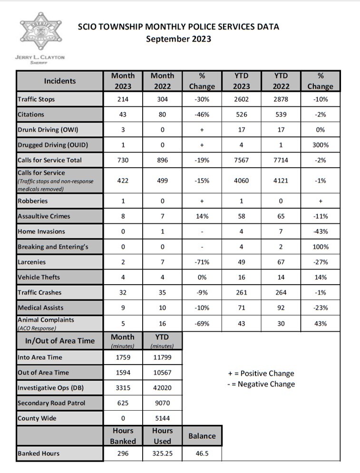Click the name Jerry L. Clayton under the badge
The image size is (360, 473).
(40, 58)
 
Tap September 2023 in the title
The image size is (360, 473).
(178, 39)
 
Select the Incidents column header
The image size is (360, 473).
(60, 81)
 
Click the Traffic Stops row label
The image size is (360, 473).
(36, 99)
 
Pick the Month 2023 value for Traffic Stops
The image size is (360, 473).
(123, 99)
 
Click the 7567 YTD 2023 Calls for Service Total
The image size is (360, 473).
(241, 160)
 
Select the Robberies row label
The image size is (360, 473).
(33, 201)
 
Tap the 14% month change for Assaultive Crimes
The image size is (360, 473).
(202, 216)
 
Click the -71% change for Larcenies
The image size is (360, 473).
(202, 262)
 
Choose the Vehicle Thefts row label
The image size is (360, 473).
(39, 277)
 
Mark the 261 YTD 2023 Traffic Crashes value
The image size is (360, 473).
(241, 292)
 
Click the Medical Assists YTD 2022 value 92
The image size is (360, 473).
(281, 308)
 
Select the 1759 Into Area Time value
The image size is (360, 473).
(123, 357)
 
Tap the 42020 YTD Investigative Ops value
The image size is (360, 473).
(162, 388)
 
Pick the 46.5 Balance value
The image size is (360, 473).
(202, 454)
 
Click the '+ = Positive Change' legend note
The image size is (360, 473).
(261, 373)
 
